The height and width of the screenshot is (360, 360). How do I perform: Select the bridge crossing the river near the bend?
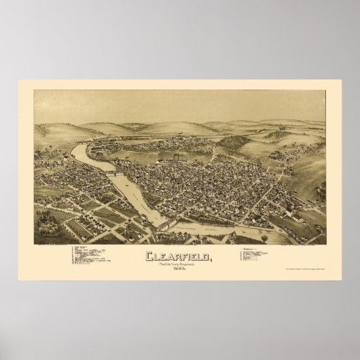pos(112,175)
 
